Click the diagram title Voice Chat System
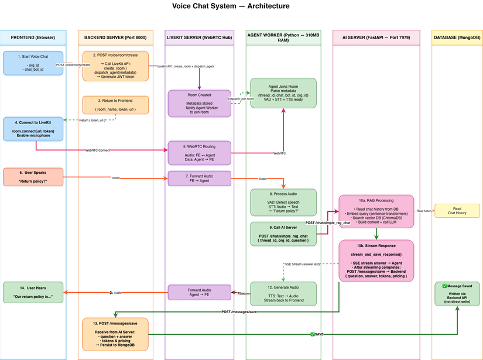(231, 6)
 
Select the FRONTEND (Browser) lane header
(33, 37)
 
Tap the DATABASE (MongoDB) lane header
(457, 37)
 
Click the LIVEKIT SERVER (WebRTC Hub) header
(200, 37)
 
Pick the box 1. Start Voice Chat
(33, 63)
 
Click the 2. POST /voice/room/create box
(115, 66)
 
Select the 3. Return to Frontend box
(115, 105)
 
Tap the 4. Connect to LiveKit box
(33, 129)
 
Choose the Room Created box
(200, 103)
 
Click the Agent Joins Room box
(283, 92)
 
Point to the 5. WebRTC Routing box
(200, 153)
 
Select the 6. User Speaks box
(33, 177)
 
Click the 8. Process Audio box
(283, 203)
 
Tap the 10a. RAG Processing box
(376, 211)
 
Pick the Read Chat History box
(457, 211)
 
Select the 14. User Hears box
(33, 293)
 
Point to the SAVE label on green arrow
(318, 334)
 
